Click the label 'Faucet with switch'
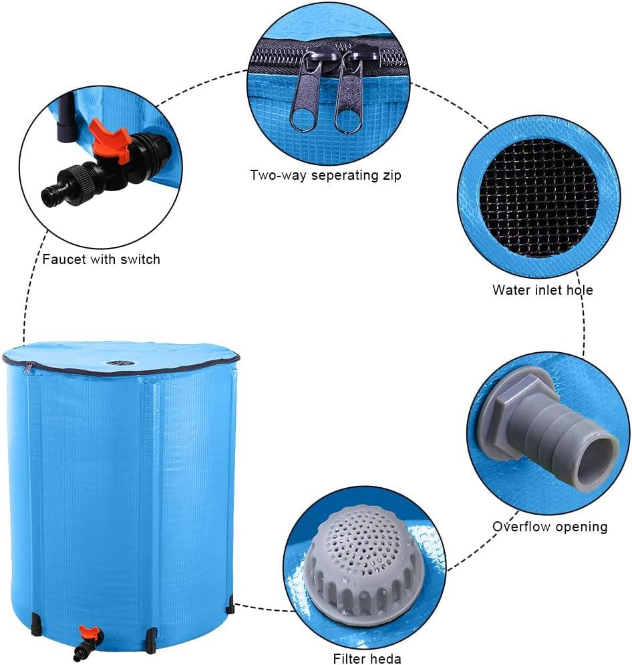(101, 259)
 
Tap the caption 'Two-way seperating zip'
(325, 176)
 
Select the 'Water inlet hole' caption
(542, 290)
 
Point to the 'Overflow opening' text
(550, 527)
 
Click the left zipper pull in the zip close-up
(306, 94)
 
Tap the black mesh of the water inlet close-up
(538, 198)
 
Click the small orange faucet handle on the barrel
(87, 632)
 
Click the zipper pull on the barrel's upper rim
(27, 368)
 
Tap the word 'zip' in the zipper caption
(391, 176)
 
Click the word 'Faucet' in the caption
(64, 259)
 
